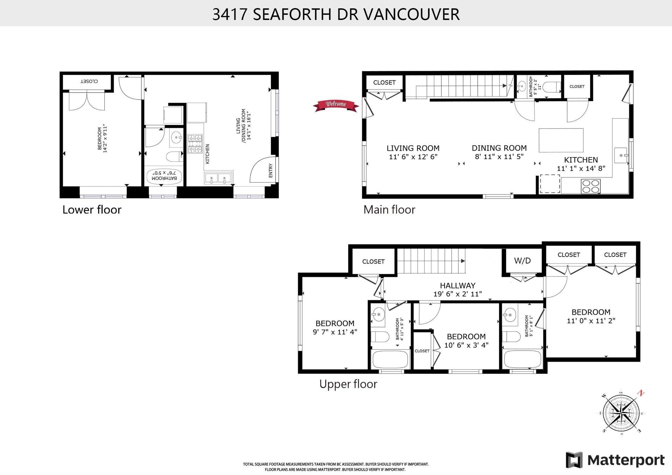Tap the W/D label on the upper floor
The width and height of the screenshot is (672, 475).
click(522, 261)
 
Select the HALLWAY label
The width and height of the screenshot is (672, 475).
click(457, 286)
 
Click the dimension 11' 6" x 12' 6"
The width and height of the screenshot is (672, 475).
click(413, 157)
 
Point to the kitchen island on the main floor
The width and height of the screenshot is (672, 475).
click(561, 140)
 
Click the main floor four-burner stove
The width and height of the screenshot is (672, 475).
click(590, 186)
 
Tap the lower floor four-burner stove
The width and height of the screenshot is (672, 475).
click(195, 144)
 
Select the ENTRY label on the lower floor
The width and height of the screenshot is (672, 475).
click(271, 171)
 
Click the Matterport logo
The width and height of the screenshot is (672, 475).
click(615, 460)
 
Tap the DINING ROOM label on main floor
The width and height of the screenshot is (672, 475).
click(499, 148)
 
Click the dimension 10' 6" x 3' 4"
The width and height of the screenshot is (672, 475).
click(466, 345)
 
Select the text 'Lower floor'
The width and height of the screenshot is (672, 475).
click(92, 210)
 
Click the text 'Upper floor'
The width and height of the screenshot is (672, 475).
click(348, 384)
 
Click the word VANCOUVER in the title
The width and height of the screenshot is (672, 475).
click(412, 14)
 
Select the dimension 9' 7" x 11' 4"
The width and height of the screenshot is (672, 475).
click(335, 332)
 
